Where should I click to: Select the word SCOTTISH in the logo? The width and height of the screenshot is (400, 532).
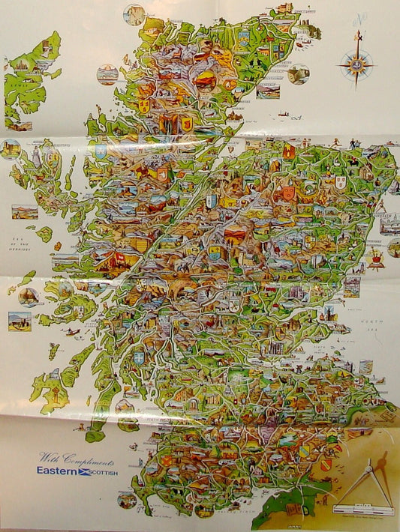click(104, 472)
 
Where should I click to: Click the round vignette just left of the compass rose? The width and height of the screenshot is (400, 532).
click(298, 74)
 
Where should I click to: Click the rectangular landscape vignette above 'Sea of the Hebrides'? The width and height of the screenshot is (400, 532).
click(24, 212)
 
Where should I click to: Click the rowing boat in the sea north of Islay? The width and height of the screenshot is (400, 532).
click(73, 331)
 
